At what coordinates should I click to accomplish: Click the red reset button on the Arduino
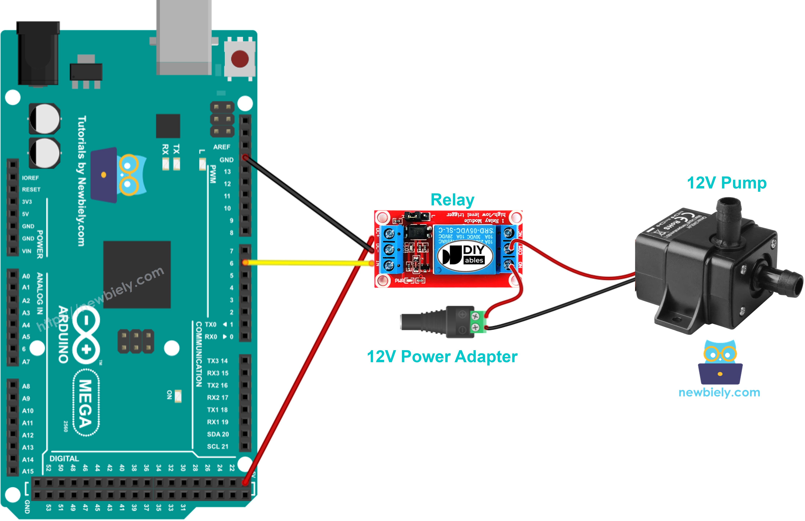[x=240, y=59]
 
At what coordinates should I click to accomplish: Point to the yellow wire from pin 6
[x=304, y=263]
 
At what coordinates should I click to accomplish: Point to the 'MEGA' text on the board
[x=86, y=403]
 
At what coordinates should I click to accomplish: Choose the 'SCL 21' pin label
[x=218, y=447]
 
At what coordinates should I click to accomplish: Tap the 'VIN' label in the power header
[x=27, y=251]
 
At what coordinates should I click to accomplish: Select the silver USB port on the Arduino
[x=184, y=37]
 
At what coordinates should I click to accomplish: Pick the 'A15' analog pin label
[x=28, y=471]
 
